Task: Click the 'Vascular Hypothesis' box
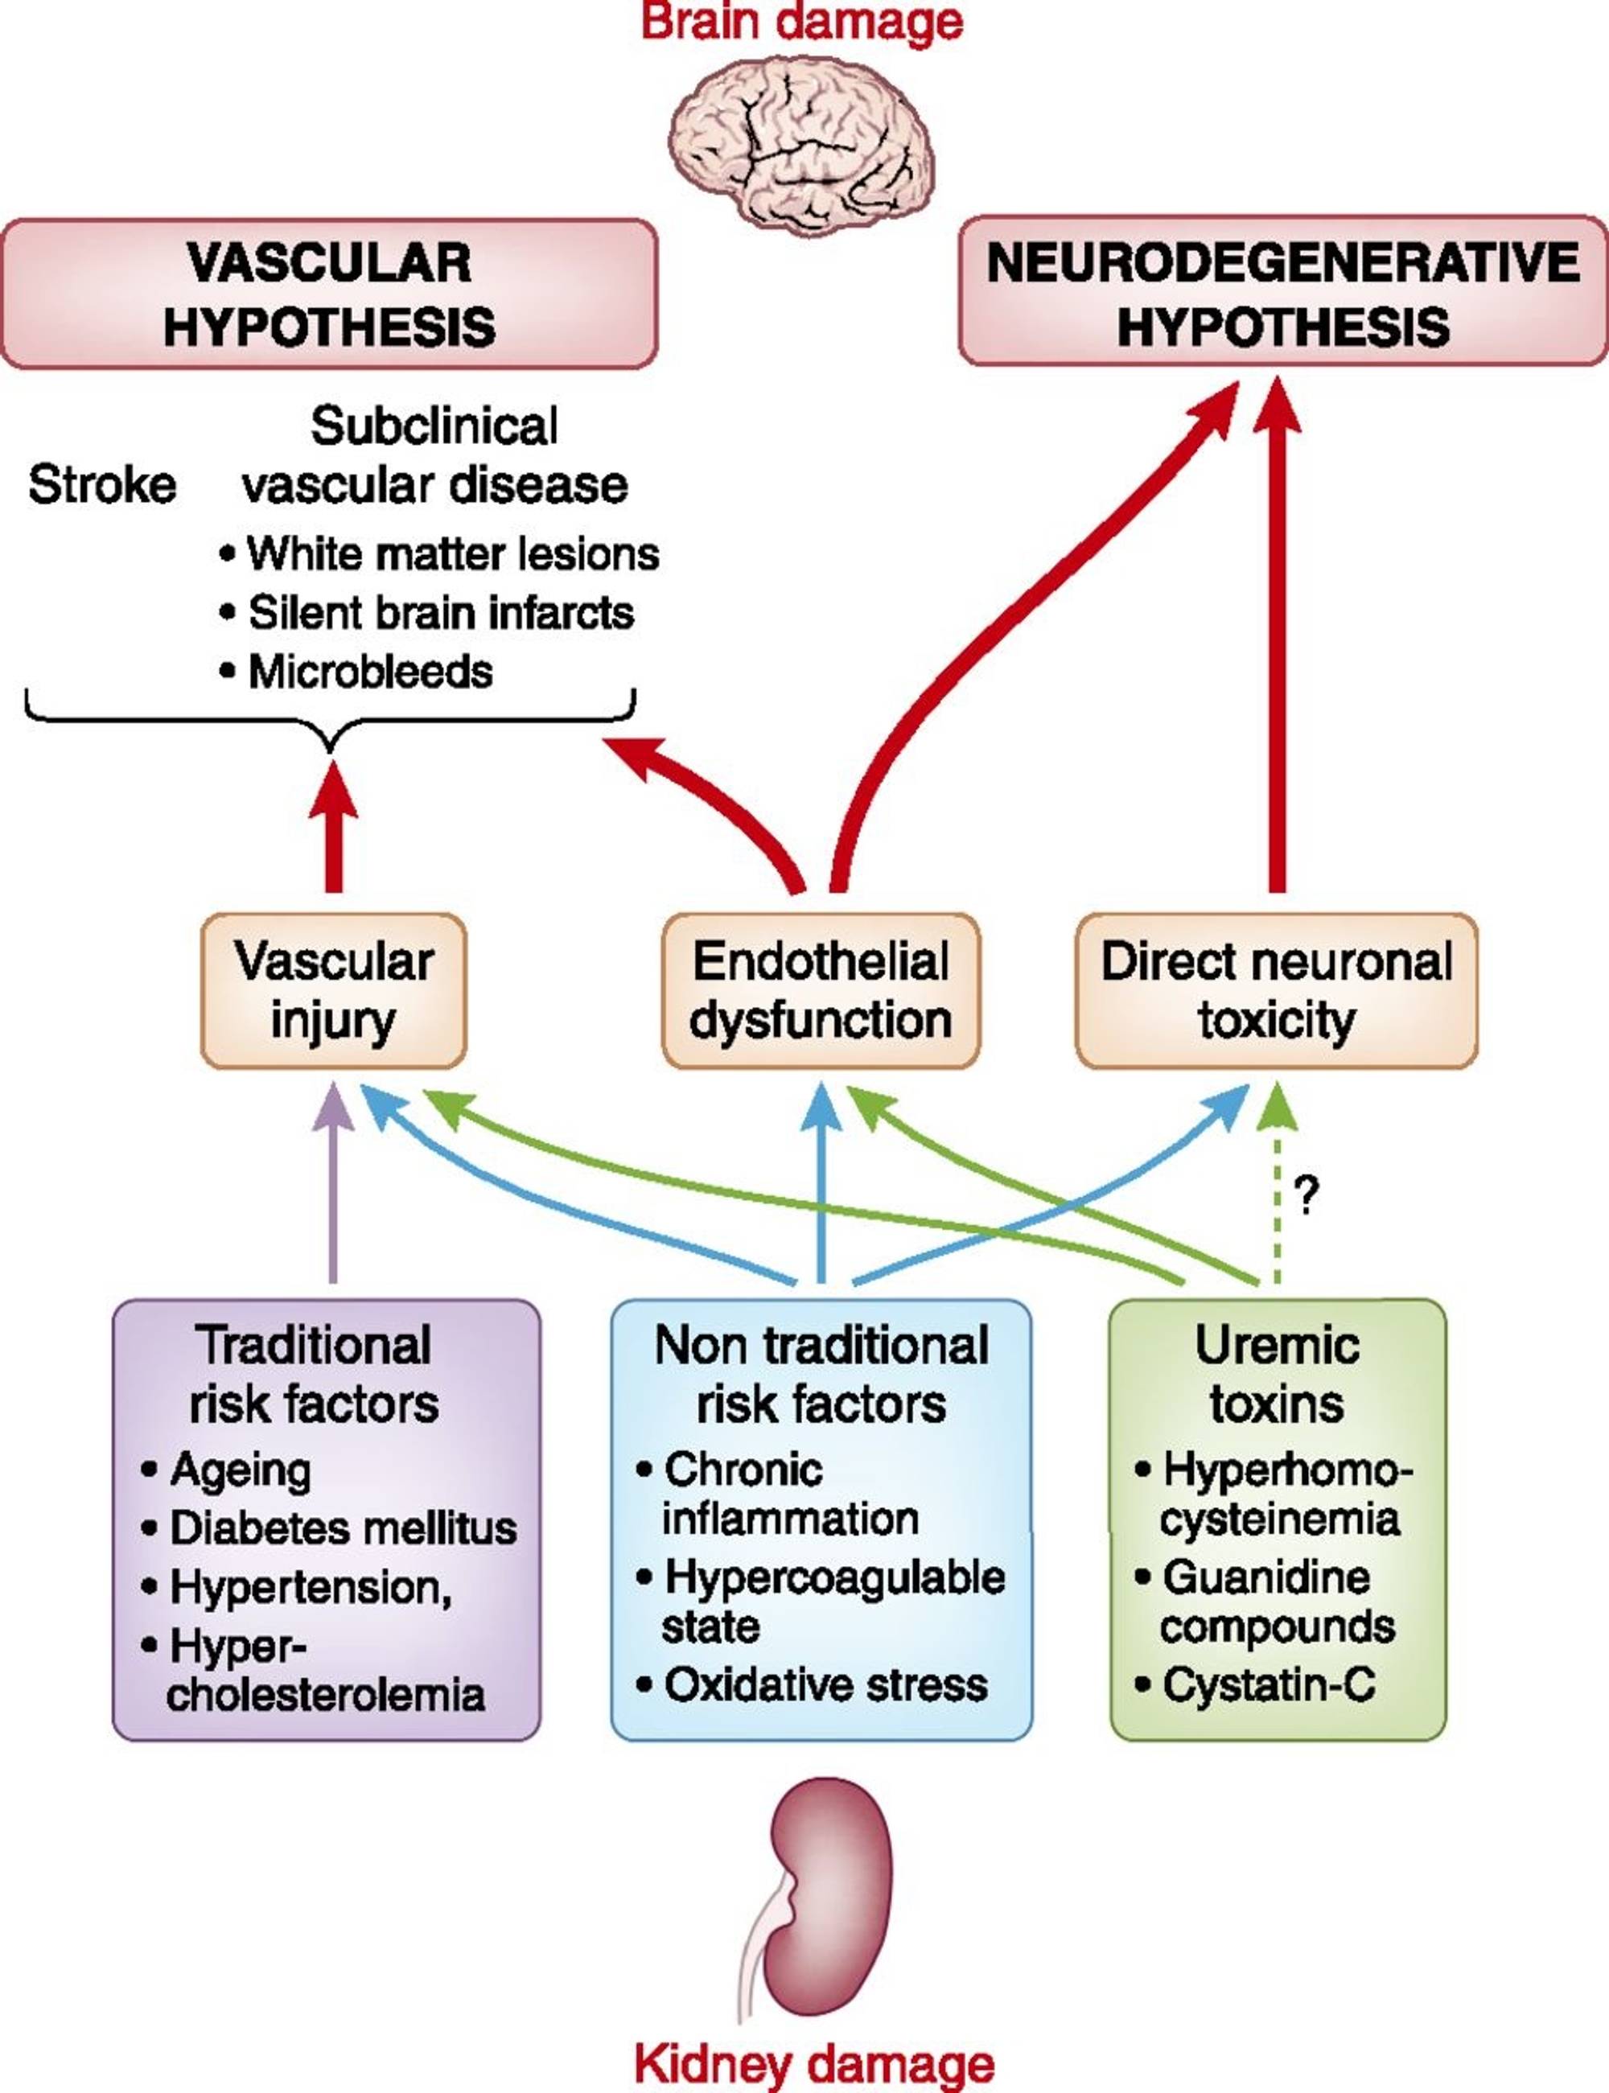330,293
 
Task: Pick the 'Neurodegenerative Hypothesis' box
1283,291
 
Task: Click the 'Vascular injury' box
333,990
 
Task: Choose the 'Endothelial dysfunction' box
821,990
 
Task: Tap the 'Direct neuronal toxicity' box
1277,990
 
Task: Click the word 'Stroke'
102,484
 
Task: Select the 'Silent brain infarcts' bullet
426,613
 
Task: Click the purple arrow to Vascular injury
333,1183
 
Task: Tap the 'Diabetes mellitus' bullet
328,1528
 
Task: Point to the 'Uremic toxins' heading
1277,1375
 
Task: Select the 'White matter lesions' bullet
438,553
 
